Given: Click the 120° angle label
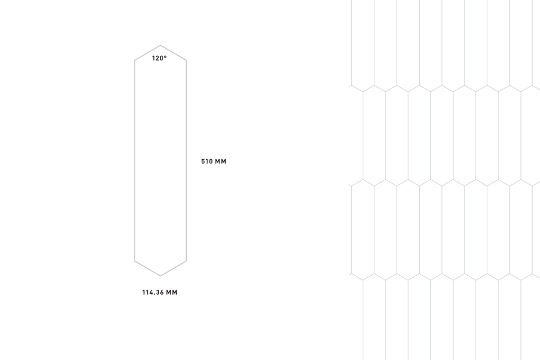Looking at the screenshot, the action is [159, 58].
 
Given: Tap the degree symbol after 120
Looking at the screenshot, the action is [165, 56].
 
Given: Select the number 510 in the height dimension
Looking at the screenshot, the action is [207, 161].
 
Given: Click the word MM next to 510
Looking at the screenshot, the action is [221, 161].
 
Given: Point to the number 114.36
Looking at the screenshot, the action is [153, 292].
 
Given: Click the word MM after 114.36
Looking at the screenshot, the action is [172, 292].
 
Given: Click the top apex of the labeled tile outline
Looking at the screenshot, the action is [160, 45].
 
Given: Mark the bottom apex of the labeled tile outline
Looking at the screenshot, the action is [160, 276].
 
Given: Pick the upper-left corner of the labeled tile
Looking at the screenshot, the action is [134, 60].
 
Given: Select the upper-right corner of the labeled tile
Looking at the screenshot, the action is [186, 60].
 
